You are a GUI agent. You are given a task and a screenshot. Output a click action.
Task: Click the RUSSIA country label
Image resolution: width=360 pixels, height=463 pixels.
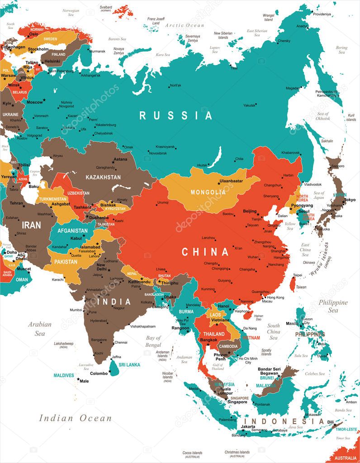(175, 116)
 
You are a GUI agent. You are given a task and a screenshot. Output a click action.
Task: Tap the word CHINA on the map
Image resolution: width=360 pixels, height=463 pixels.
(205, 252)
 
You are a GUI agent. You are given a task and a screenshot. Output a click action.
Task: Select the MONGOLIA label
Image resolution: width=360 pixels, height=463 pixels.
(208, 192)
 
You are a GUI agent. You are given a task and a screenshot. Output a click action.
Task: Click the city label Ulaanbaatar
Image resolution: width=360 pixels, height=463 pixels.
(231, 181)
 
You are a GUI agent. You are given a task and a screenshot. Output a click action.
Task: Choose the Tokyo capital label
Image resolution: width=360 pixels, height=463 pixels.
(350, 200)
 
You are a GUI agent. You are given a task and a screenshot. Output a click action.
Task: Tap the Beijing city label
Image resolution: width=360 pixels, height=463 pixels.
(250, 211)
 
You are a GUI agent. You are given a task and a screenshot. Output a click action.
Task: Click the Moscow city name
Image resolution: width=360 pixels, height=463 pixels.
(34, 102)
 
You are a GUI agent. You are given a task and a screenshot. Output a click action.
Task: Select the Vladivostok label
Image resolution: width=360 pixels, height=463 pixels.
(313, 184)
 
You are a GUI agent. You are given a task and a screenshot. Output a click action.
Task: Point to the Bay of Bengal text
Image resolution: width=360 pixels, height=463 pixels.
(153, 341)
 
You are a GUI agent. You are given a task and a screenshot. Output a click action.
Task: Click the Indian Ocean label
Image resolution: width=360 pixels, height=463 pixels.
(75, 418)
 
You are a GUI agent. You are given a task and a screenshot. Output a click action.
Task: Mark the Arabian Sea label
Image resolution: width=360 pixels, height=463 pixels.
(40, 329)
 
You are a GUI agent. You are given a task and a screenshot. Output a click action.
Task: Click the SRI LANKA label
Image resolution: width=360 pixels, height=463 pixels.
(129, 364)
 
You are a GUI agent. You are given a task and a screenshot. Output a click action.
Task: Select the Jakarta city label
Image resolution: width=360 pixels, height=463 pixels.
(248, 426)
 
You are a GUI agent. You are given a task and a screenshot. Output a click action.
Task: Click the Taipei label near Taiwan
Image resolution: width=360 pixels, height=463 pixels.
(298, 275)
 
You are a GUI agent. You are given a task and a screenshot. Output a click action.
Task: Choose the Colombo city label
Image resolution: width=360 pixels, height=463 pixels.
(99, 373)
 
